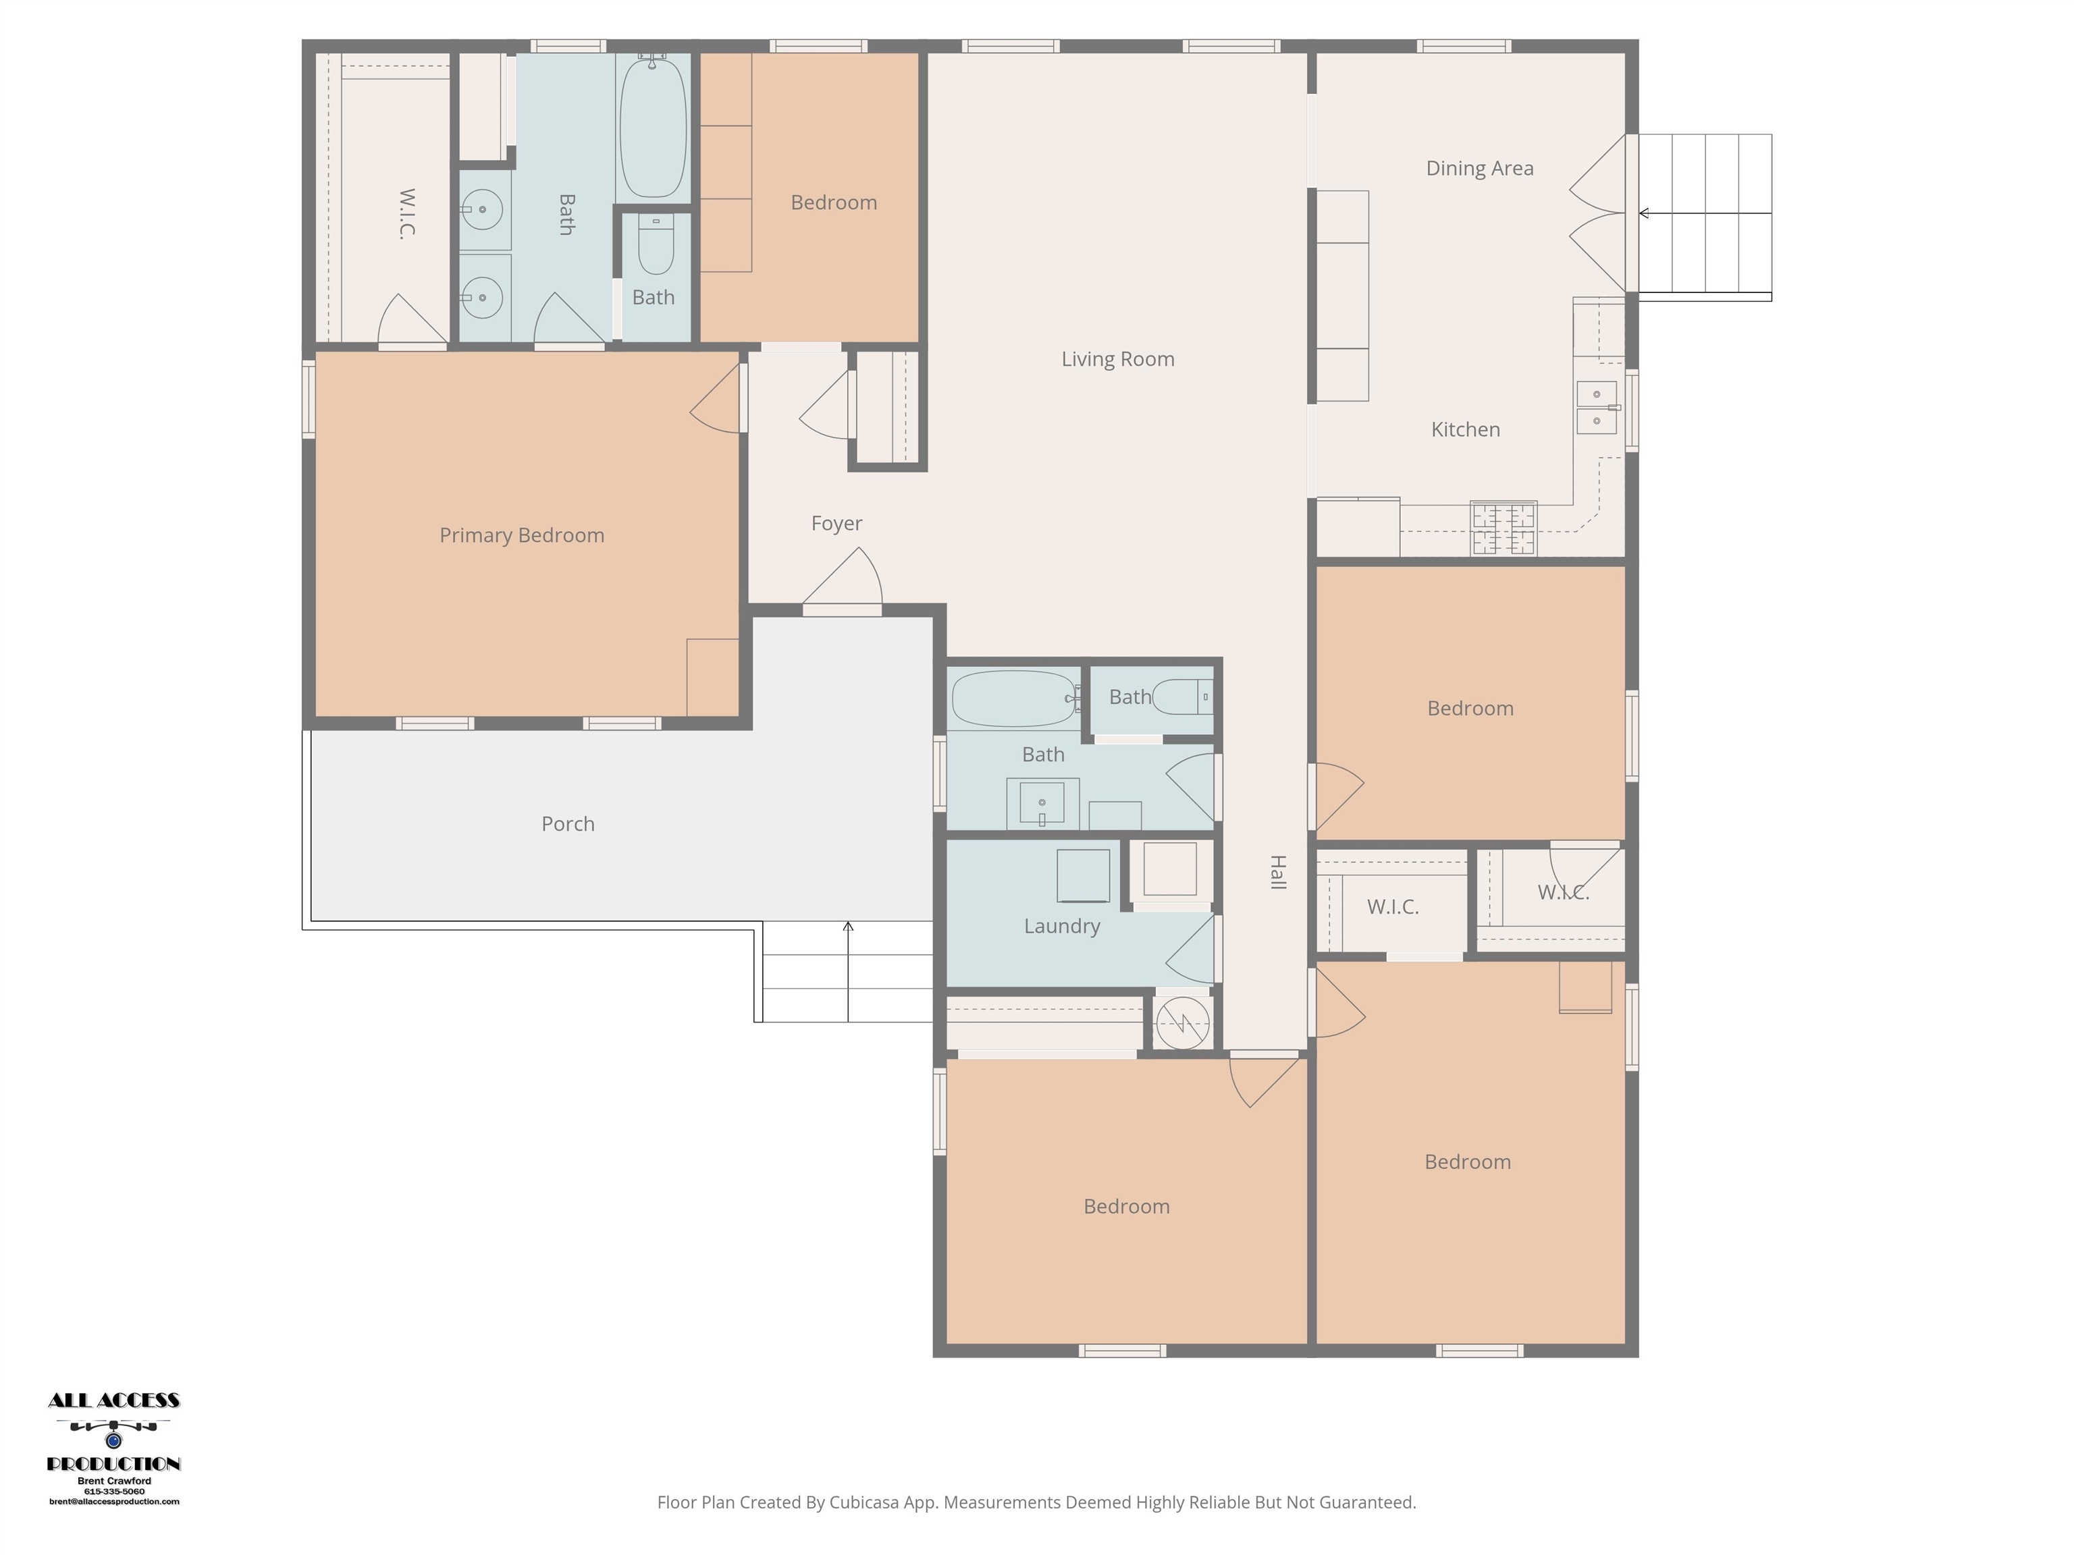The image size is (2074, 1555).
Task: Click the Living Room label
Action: click(x=1117, y=359)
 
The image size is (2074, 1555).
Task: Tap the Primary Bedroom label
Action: click(x=523, y=535)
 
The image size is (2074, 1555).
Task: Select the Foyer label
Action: click(x=836, y=523)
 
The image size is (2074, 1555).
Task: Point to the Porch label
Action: click(x=568, y=824)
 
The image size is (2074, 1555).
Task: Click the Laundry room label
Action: click(x=1062, y=926)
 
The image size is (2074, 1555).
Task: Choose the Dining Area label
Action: click(x=1480, y=169)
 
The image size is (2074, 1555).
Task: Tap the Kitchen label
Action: click(x=1466, y=429)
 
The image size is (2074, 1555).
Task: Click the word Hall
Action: click(x=1277, y=872)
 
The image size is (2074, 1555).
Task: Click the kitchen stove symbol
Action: click(x=1504, y=528)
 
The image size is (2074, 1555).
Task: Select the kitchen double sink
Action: click(x=1597, y=407)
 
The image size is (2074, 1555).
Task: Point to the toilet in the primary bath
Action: click(x=656, y=244)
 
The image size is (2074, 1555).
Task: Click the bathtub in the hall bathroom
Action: click(x=1015, y=699)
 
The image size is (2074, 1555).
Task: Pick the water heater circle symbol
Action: click(x=1182, y=1022)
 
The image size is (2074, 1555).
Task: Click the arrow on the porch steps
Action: click(x=849, y=971)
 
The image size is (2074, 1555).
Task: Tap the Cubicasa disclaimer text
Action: click(x=1036, y=1502)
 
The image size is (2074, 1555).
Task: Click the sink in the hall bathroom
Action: click(x=1042, y=803)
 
